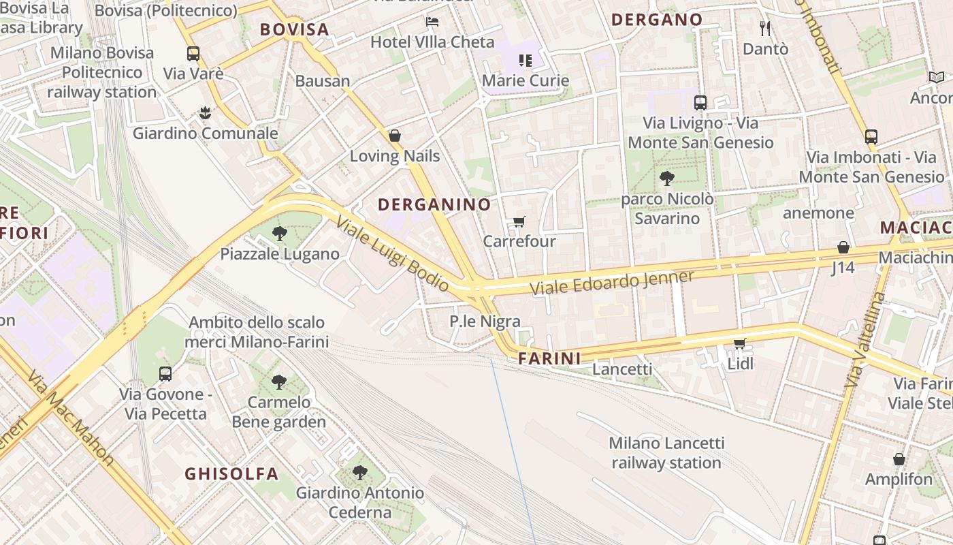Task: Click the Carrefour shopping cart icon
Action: click(519, 221)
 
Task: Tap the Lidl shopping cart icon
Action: click(740, 343)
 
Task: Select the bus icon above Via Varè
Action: click(193, 53)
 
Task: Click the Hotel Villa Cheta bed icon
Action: click(432, 22)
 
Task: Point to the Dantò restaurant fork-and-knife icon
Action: click(765, 28)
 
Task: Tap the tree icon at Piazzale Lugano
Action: click(279, 234)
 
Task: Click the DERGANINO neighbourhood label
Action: click(434, 204)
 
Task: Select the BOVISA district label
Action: click(295, 29)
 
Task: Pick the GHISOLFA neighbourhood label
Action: click(231, 473)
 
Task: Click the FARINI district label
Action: click(549, 358)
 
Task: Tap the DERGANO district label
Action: click(657, 20)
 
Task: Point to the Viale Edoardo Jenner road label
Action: click(612, 282)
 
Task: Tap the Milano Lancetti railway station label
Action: click(666, 453)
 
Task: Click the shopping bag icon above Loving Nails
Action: click(394, 136)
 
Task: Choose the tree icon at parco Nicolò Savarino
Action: click(667, 178)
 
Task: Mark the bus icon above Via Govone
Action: click(165, 373)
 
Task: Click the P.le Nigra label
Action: click(485, 322)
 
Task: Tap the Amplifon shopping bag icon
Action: click(899, 459)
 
